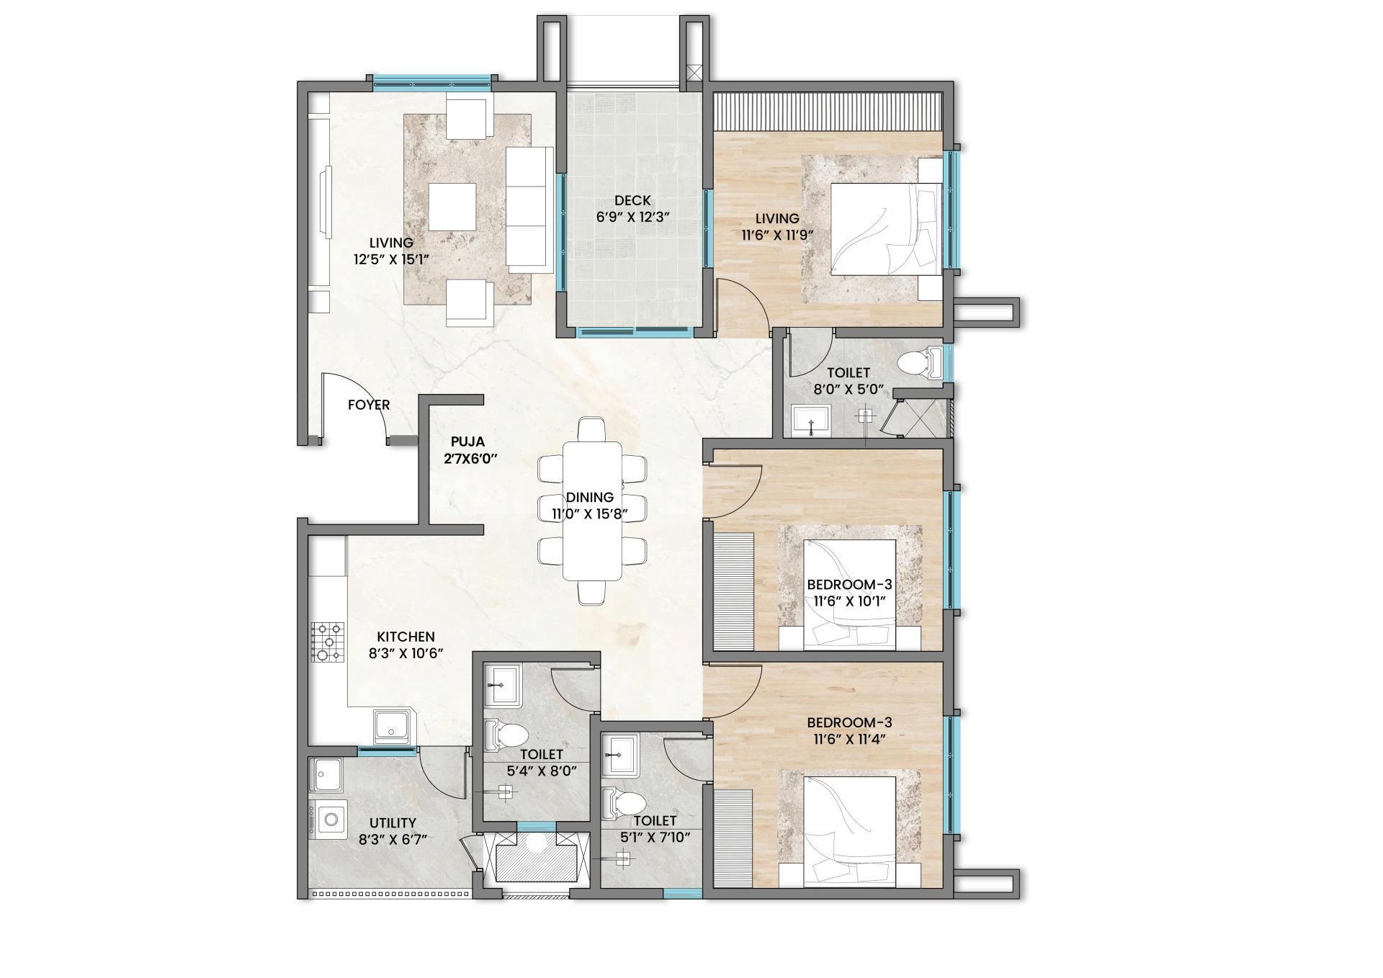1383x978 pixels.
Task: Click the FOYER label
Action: [x=369, y=405]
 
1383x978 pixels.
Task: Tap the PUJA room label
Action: [x=468, y=441]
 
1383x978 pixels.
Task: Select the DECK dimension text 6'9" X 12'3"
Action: [x=633, y=216]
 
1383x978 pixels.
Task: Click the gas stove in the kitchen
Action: [x=327, y=642]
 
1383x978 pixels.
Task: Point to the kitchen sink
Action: [x=393, y=727]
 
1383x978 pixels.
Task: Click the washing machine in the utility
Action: [x=328, y=819]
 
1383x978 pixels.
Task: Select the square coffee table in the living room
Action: [x=452, y=207]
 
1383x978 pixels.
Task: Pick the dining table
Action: [x=592, y=511]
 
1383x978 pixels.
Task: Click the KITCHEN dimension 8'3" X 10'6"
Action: [x=406, y=652]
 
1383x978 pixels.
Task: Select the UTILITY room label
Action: [x=393, y=822]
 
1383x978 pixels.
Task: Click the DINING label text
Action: [x=590, y=497]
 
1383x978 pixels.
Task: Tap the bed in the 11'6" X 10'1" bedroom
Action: [x=850, y=595]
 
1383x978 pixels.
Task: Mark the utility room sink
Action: [x=328, y=776]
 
